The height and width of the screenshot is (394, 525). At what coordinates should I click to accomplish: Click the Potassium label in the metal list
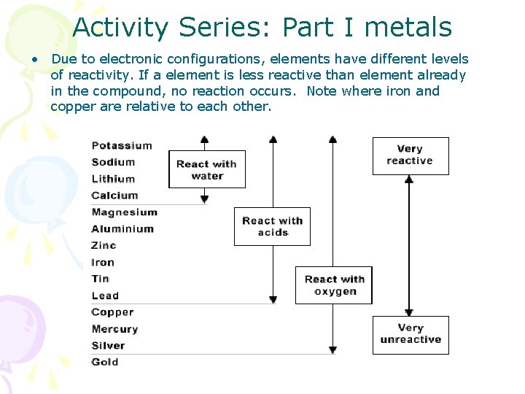click(122, 145)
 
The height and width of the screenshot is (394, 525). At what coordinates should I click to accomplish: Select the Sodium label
click(113, 162)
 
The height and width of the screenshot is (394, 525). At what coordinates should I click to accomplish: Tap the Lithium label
click(113, 179)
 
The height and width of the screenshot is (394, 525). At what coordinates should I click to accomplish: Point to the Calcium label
click(114, 196)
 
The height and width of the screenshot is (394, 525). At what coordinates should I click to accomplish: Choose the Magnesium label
click(124, 212)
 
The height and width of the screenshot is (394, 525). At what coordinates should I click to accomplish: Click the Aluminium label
click(122, 229)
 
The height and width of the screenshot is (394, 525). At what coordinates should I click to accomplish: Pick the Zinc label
click(104, 246)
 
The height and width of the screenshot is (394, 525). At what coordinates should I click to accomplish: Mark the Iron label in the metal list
click(103, 263)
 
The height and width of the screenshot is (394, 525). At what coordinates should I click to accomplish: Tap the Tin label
click(101, 279)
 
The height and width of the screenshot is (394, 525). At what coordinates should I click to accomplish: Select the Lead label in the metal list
click(105, 295)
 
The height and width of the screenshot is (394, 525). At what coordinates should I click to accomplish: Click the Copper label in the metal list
click(112, 312)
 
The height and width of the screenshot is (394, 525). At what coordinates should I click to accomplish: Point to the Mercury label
click(114, 329)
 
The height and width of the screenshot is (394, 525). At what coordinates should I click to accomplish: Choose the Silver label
click(108, 346)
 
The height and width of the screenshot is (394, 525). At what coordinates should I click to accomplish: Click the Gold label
click(105, 362)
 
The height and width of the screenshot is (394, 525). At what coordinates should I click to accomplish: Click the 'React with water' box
click(207, 169)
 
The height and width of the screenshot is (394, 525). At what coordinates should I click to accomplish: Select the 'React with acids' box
click(272, 226)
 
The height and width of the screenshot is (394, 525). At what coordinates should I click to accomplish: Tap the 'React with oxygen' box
click(334, 285)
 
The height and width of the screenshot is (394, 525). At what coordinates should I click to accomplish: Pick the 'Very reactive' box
click(411, 155)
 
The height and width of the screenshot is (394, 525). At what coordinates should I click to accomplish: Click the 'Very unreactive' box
click(411, 334)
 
